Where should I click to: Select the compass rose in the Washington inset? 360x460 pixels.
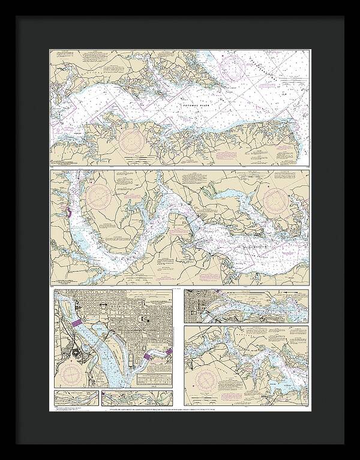71,375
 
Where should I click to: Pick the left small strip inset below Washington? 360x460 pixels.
76,398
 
